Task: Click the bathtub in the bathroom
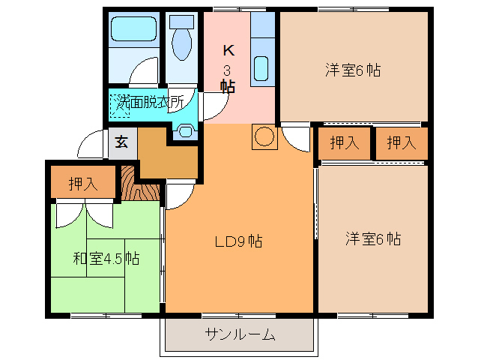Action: (133, 30)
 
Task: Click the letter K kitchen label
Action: (229, 51)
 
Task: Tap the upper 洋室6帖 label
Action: (353, 70)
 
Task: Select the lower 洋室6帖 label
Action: (373, 239)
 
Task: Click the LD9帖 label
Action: (238, 242)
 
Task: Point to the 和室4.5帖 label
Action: (106, 259)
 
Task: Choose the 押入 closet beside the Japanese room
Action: (83, 184)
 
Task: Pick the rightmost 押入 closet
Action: (401, 143)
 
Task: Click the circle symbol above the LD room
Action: (264, 137)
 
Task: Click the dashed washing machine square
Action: (120, 106)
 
